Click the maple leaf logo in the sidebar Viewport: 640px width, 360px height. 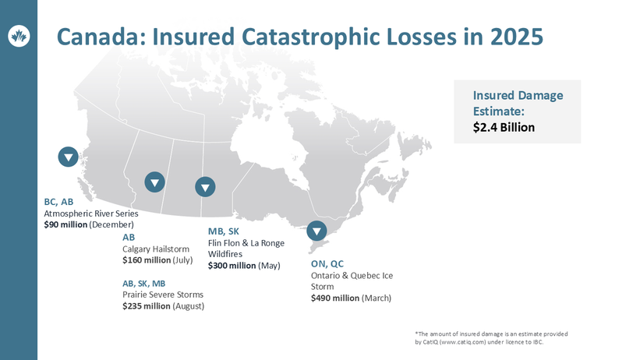[19, 35]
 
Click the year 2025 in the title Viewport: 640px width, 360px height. [513, 37]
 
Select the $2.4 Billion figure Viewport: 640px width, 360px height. [504, 127]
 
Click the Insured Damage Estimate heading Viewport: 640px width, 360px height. [517, 103]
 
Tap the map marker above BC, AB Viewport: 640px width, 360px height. [69, 157]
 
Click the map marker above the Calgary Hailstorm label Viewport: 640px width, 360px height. [155, 182]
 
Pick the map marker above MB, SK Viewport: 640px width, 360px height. [205, 187]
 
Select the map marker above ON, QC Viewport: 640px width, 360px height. [316, 231]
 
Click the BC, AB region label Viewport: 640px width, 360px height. [58, 202]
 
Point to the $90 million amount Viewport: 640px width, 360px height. [65, 224]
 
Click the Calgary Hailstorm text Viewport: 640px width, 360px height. [156, 249]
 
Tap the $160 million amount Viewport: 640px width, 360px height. [145, 260]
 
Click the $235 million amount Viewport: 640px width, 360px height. [145, 306]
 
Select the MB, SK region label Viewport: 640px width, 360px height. [224, 231]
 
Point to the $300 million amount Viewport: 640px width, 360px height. [232, 266]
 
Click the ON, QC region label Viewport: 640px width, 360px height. [327, 263]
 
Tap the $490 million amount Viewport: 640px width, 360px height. [334, 298]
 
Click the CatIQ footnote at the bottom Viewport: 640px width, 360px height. [491, 338]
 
